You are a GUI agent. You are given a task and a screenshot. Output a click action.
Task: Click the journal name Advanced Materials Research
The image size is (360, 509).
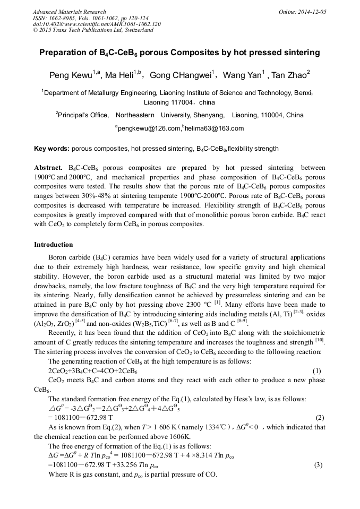coord(70,12)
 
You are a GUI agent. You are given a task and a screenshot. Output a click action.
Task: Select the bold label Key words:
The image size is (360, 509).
coord(52,149)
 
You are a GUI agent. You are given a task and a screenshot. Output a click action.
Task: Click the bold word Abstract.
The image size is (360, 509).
coord(48,167)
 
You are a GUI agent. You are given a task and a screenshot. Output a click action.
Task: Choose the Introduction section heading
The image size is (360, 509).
coord(54,245)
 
